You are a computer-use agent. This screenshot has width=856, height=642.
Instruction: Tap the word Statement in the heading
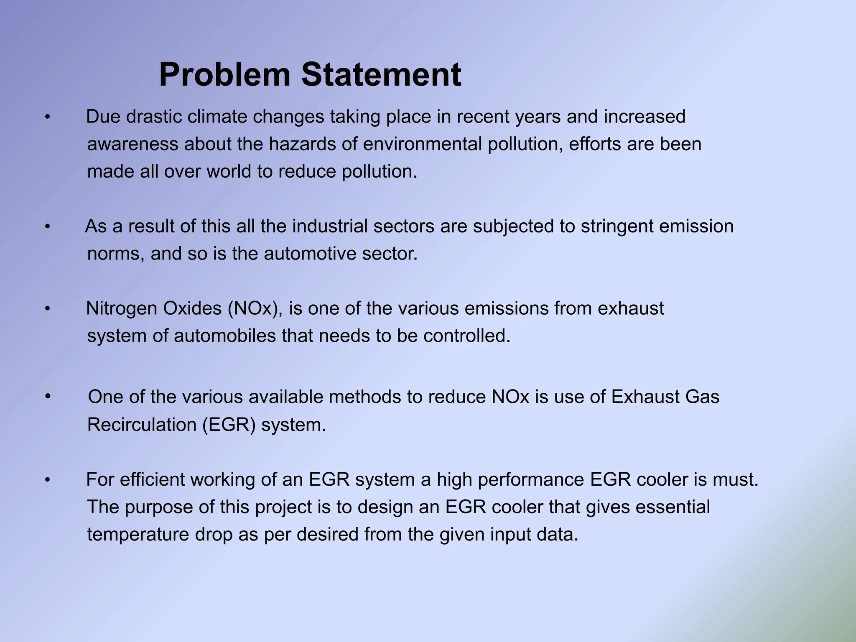tap(381, 75)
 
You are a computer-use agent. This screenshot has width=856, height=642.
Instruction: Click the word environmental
tap(423, 144)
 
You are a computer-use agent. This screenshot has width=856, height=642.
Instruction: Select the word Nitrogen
tap(122, 308)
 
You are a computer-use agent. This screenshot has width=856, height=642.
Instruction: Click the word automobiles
tap(225, 336)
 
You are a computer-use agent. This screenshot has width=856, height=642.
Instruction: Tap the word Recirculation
tap(142, 425)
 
